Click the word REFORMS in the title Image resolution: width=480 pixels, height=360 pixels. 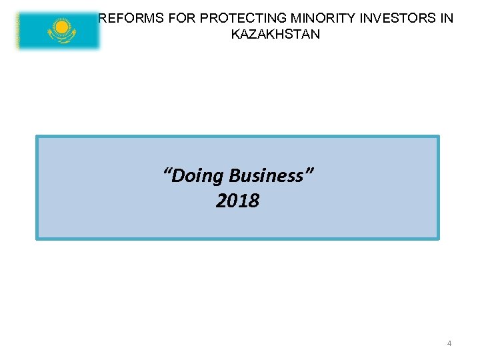(x=127, y=19)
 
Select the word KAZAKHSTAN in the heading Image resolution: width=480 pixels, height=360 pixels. (x=275, y=34)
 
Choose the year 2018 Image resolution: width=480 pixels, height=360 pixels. (x=237, y=201)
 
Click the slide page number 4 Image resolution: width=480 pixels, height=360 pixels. (x=449, y=343)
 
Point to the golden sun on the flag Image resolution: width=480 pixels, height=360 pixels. (x=62, y=27)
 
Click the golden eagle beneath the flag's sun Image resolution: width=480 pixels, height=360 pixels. (x=62, y=37)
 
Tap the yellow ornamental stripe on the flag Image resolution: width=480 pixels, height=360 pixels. (x=19, y=30)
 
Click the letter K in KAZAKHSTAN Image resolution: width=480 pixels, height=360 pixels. (x=235, y=34)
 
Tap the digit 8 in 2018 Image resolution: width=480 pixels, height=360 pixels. (x=253, y=201)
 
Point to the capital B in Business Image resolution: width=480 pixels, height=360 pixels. (x=234, y=176)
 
